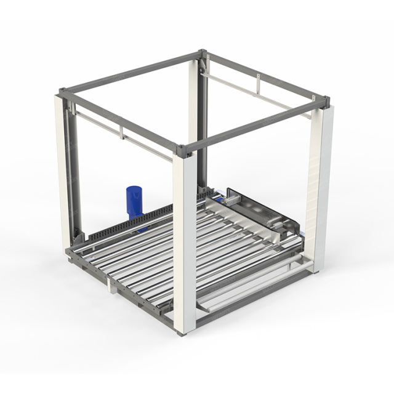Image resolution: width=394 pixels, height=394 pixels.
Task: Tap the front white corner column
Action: (184, 246)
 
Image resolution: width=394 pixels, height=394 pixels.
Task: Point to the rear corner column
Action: (201, 123)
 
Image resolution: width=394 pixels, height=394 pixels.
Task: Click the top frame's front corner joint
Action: (182, 148)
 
